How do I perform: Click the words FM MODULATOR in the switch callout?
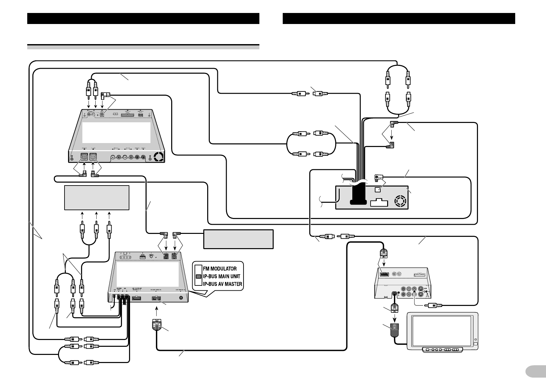click(x=220, y=269)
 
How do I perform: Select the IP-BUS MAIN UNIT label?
click(x=221, y=276)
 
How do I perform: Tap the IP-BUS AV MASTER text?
click(x=222, y=284)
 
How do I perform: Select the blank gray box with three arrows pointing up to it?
click(x=97, y=198)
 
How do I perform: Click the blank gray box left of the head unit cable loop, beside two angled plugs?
click(x=238, y=239)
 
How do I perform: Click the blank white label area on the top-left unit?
click(x=116, y=132)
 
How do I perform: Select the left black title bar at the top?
click(x=143, y=18)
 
